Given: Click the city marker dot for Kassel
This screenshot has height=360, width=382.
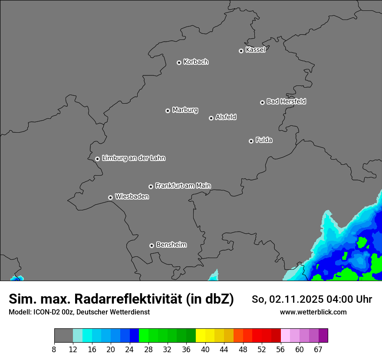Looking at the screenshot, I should tap(241, 51).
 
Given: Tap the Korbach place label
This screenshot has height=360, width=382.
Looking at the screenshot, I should tap(196, 62).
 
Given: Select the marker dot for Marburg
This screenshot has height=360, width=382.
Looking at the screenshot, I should tap(168, 111).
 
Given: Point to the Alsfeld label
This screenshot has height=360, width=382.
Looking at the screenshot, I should tap(226, 117).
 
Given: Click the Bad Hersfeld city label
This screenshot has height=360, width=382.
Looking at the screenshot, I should tap(286, 101).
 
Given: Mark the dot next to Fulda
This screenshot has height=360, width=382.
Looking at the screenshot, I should tap(251, 141).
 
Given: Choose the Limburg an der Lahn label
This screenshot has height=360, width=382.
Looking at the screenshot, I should tap(133, 158).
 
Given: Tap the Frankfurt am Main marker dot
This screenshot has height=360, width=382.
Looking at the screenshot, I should tap(151, 187).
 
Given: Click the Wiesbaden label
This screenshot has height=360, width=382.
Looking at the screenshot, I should tap(132, 197).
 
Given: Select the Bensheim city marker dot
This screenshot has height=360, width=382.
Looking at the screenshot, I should tap(151, 245).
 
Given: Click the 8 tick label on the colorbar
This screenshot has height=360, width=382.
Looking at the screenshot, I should tap(54, 350).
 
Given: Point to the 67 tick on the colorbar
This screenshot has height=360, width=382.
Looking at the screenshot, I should tap(318, 350).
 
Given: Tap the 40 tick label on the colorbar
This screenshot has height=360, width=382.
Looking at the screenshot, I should tap(205, 350).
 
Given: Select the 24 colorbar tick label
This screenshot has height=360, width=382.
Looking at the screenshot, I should tap(130, 350).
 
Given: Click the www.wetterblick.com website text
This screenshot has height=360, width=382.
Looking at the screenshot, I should tap(313, 312).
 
